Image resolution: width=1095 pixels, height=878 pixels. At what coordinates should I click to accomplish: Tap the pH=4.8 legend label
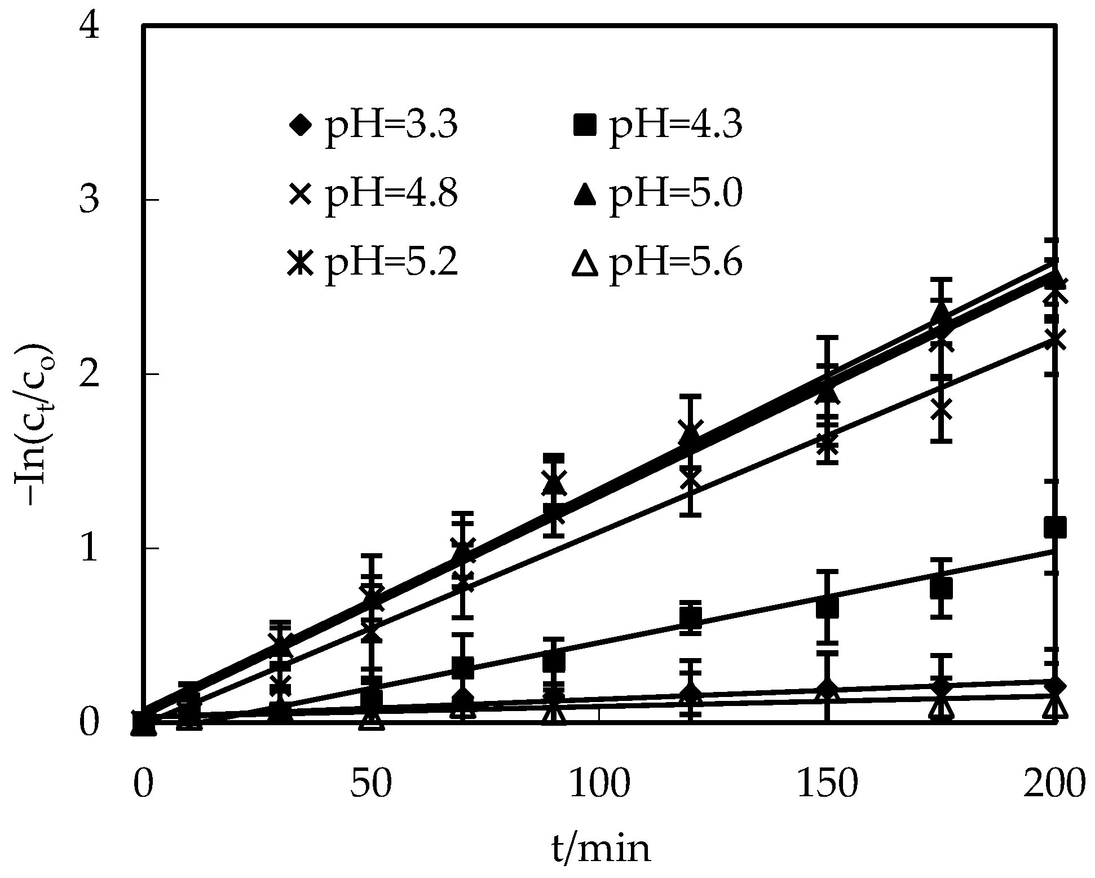(390, 195)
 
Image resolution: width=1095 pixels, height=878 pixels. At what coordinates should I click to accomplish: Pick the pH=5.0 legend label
(675, 195)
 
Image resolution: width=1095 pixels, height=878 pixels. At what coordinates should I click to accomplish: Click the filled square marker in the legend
(585, 125)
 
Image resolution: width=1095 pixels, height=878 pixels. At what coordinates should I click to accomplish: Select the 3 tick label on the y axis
(90, 201)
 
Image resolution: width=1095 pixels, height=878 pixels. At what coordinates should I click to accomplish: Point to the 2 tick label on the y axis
(90, 374)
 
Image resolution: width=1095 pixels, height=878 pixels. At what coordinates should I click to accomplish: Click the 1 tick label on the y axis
(90, 548)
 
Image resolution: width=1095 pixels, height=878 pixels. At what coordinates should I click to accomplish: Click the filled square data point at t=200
(1054, 528)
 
